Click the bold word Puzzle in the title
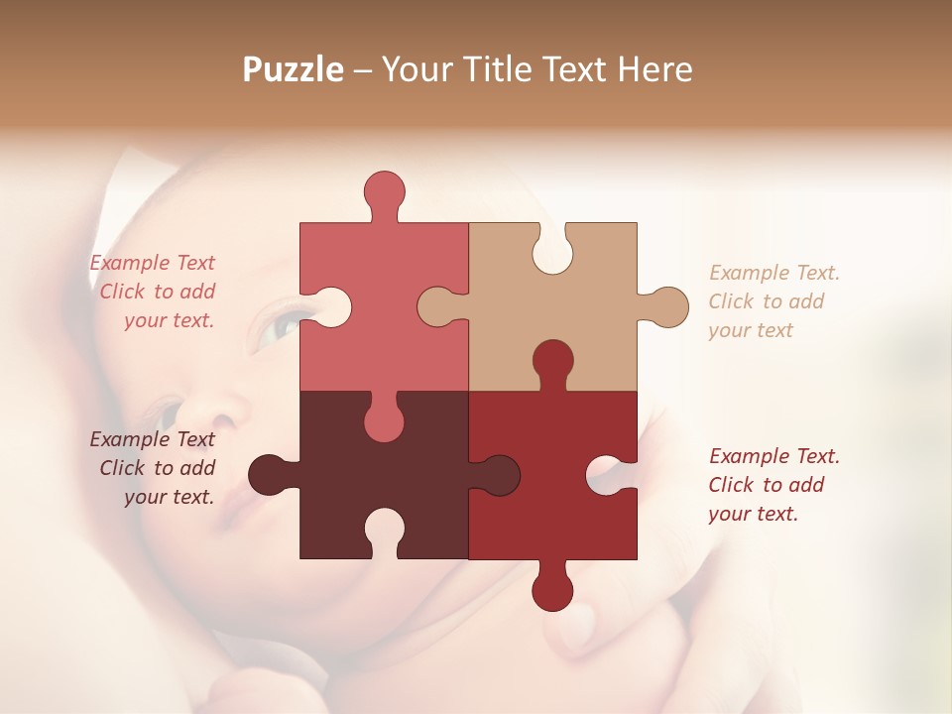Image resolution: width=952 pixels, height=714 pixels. coord(294,69)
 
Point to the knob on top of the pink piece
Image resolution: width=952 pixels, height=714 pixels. coord(384,191)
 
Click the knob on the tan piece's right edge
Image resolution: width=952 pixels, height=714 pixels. coord(667,306)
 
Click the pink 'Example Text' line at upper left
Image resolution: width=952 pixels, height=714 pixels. coord(152,263)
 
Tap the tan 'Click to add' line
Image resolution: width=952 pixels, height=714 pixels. coord(766,301)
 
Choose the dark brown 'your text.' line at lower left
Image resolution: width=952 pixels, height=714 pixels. coord(169,497)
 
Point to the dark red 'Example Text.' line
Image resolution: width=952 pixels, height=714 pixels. coord(773,456)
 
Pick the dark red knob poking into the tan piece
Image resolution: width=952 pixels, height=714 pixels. coord(552,362)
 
